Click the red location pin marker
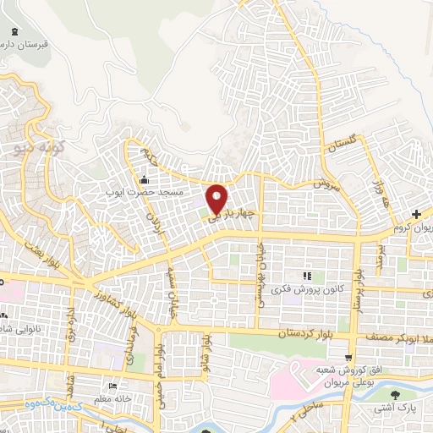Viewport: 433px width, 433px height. [x=216, y=198]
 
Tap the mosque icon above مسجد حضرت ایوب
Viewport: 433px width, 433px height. [x=144, y=179]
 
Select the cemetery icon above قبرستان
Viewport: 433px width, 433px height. [x=14, y=32]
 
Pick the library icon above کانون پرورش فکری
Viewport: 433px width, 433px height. [x=307, y=276]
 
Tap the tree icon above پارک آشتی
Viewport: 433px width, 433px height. [x=394, y=394]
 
